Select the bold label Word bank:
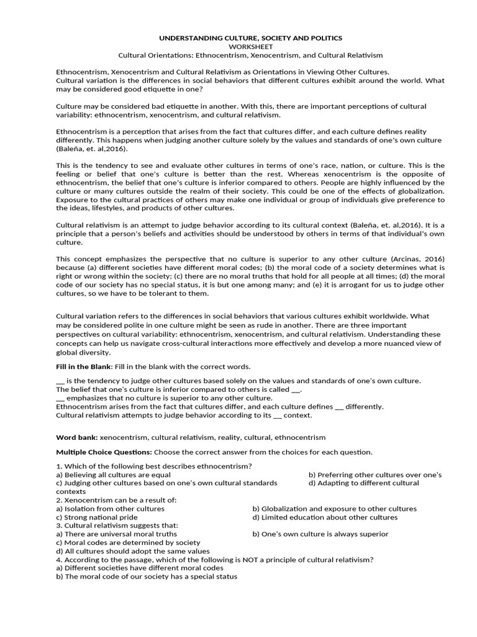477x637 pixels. pyautogui.click(x=77, y=437)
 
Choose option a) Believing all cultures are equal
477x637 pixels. pyautogui.click(x=113, y=475)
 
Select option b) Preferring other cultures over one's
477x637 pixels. pyautogui.click(x=375, y=475)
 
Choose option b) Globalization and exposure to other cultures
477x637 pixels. pyautogui.click(x=334, y=508)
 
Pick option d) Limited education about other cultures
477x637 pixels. pyautogui.click(x=325, y=517)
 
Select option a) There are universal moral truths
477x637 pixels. pyautogui.click(x=116, y=534)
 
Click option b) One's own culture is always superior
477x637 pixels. pyautogui.click(x=320, y=534)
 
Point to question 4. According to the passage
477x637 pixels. pyautogui.click(x=214, y=559)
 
